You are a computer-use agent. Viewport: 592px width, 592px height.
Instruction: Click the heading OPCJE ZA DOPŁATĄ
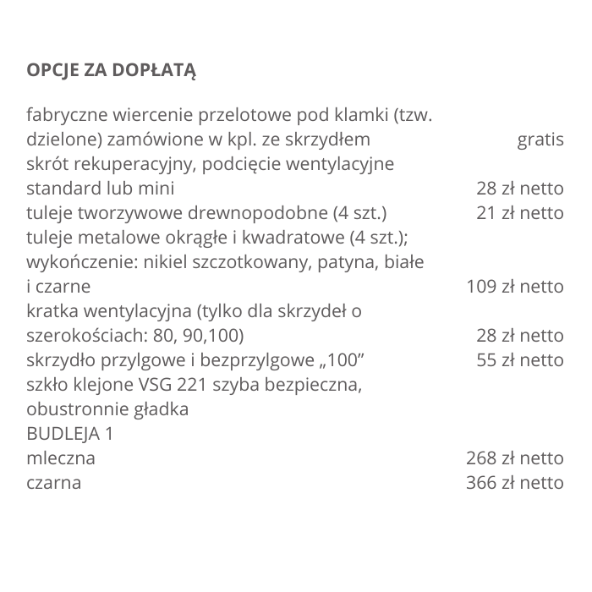(x=112, y=69)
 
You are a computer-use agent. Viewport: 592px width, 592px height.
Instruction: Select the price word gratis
(x=540, y=139)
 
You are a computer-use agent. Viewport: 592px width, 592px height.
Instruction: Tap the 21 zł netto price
(x=519, y=212)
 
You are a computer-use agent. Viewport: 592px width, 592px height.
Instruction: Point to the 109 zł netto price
(x=515, y=287)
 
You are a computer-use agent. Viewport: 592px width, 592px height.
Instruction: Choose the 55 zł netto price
(x=519, y=360)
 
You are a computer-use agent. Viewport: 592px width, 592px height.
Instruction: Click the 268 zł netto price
(x=515, y=458)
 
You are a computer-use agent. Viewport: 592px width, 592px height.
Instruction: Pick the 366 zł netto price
(x=515, y=483)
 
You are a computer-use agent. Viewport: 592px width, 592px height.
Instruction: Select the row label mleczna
(x=61, y=458)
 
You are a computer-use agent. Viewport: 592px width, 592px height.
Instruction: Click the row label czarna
(x=54, y=483)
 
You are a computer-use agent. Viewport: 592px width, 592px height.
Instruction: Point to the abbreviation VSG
(x=151, y=385)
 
